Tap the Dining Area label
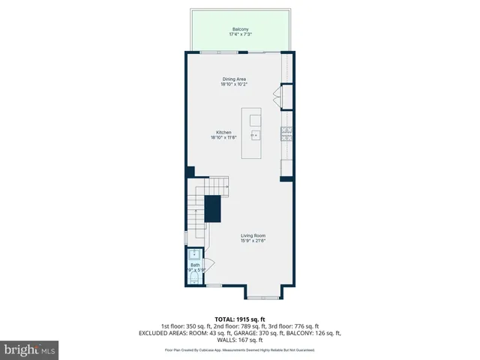[234, 79]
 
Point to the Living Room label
[253, 235]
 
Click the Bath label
[195, 265]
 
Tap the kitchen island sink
[255, 136]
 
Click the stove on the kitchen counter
[286, 133]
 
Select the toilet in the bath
[194, 278]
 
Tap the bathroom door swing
[209, 263]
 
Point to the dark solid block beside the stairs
[213, 208]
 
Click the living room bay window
[263, 298]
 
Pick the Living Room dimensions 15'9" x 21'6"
[253, 241]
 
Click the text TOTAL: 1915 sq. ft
[240, 319]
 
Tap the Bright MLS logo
[30, 349]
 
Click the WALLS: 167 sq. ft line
[240, 339]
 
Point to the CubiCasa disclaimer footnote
[240, 350]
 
